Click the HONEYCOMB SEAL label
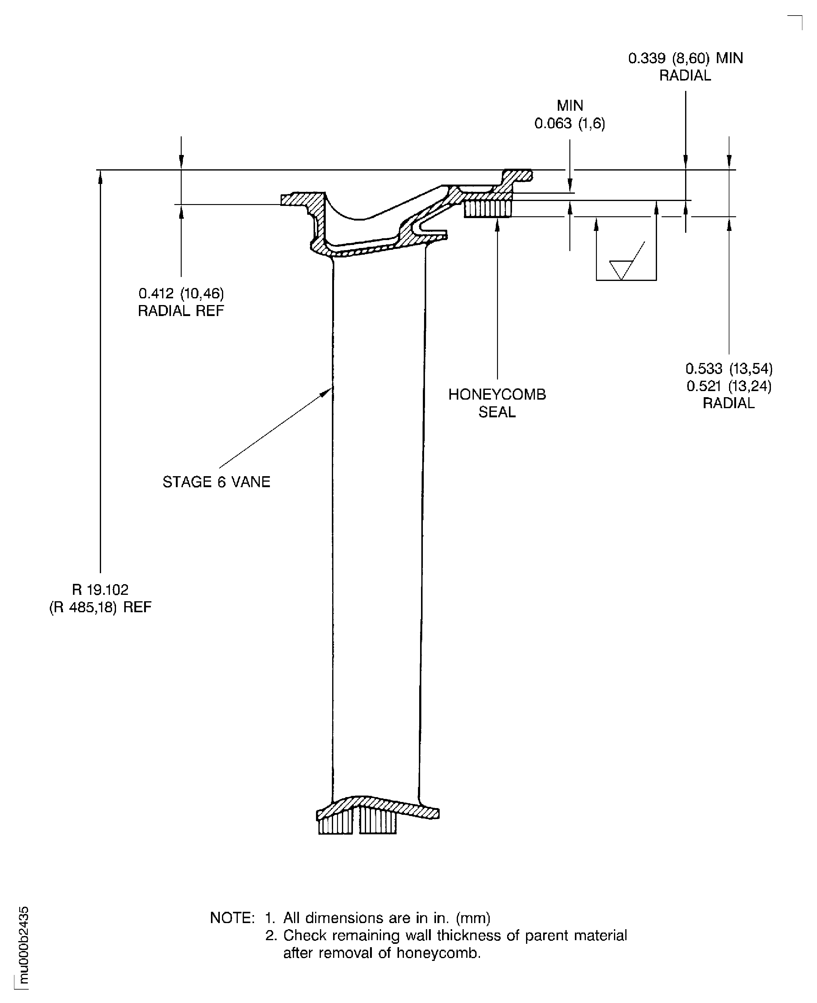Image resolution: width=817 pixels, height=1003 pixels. coord(497,403)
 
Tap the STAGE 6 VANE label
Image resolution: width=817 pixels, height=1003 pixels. coord(216,482)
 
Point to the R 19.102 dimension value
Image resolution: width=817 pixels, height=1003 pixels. coord(100,590)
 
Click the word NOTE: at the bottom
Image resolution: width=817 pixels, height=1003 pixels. coord(232,918)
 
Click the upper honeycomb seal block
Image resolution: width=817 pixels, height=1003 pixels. coord(488,209)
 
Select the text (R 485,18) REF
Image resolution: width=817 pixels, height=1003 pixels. coord(100,608)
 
